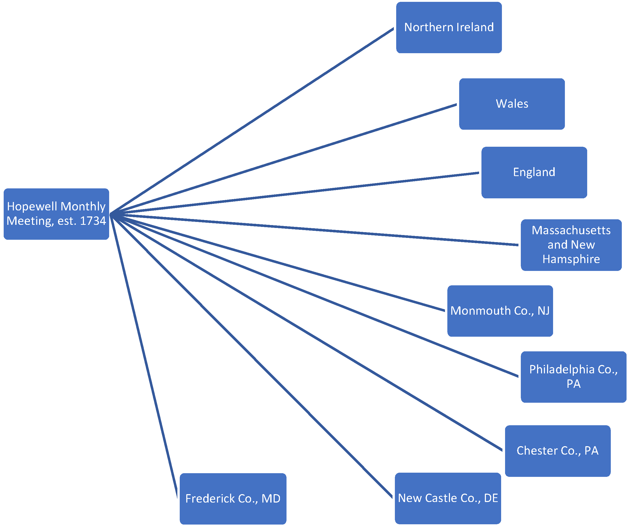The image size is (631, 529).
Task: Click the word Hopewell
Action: coord(32,206)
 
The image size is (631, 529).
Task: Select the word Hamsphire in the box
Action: coord(571,259)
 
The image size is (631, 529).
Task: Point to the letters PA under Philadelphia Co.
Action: coord(573,384)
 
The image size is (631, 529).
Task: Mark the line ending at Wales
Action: coord(284,159)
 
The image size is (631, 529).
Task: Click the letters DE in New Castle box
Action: coord(491,498)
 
